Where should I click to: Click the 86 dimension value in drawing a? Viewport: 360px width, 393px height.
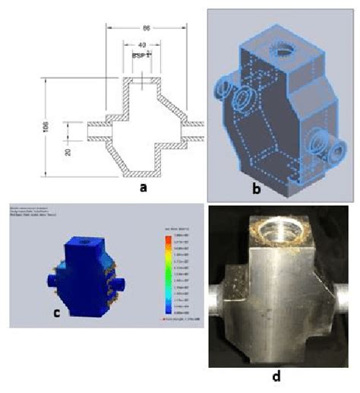[144, 27]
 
